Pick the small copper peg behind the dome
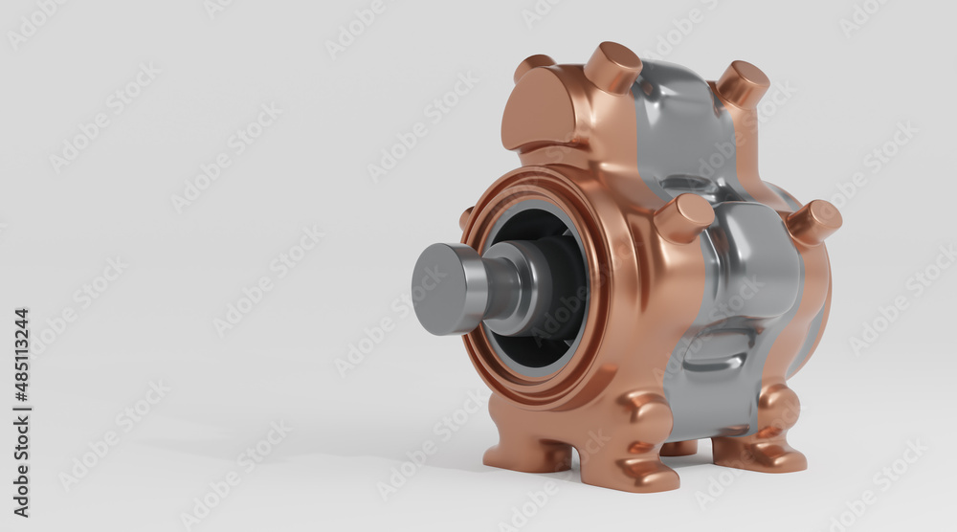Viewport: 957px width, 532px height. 532,65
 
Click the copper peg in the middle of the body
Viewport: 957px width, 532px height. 683,217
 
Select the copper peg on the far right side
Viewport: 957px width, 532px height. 814,222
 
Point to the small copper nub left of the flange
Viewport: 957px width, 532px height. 466,217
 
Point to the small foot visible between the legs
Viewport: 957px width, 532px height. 679,447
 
